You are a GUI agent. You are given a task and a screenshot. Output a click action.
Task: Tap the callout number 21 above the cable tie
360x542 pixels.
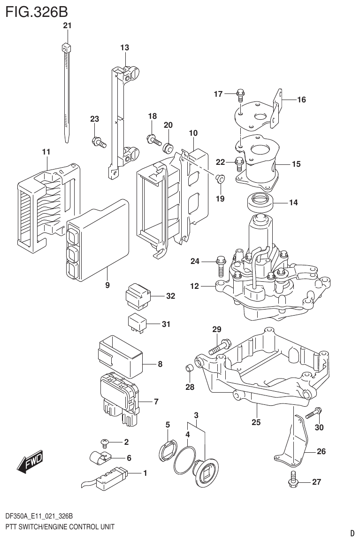pos(67,26)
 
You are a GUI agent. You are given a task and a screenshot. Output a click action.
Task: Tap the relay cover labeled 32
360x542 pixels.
pos(137,295)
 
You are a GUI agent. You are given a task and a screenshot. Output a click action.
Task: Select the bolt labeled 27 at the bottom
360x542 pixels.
pos(292,479)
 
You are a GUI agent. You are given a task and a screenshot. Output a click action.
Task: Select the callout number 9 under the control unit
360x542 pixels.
pos(107,285)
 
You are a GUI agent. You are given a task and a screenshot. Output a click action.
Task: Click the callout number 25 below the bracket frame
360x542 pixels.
pos(256,422)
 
